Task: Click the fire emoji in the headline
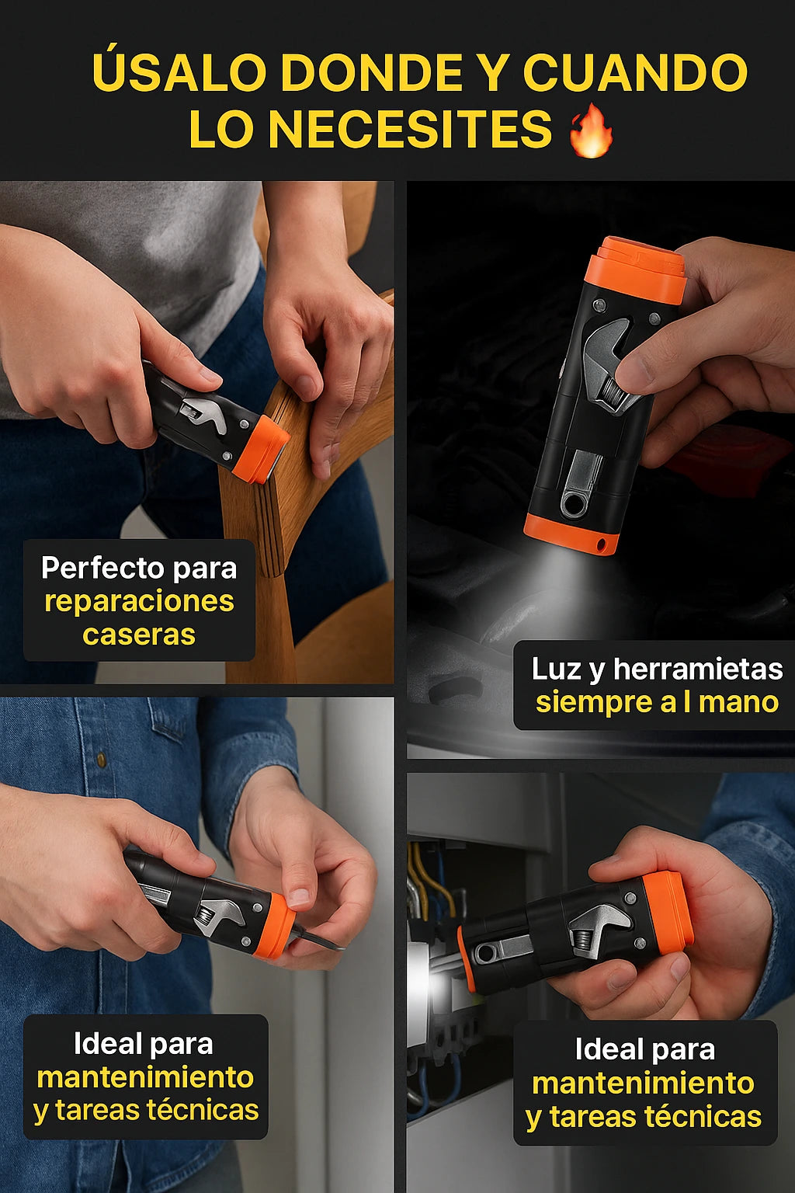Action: pyautogui.click(x=591, y=130)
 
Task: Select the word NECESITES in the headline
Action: pyautogui.click(x=410, y=129)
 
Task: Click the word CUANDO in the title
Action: pyautogui.click(x=636, y=72)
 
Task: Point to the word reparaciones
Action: pyautogui.click(x=139, y=602)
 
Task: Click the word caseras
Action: pyautogui.click(x=139, y=635)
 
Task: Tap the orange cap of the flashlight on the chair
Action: pyautogui.click(x=261, y=449)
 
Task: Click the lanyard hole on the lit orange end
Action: pyautogui.click(x=601, y=544)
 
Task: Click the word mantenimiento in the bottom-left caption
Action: pyautogui.click(x=145, y=1077)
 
